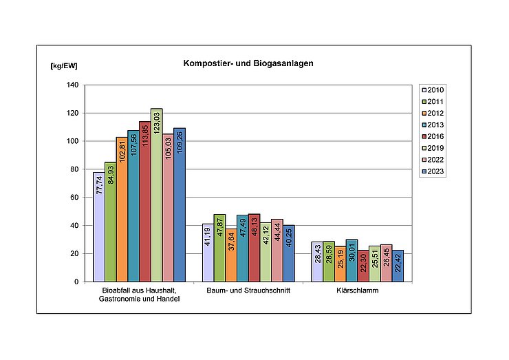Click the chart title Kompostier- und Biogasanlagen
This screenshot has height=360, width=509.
[248, 63]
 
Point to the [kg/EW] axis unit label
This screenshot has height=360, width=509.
[64, 67]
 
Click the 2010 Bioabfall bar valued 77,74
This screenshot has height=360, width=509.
[99, 227]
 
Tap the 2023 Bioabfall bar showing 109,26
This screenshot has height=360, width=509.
[180, 205]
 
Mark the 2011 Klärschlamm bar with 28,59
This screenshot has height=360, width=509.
[328, 262]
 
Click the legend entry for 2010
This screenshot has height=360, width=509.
[433, 89]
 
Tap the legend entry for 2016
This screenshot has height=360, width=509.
[433, 136]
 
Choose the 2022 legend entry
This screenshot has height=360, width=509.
[433, 160]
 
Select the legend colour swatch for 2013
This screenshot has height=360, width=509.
[424, 125]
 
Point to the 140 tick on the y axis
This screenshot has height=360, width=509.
[72, 85]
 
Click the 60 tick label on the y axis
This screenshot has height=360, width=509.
[74, 198]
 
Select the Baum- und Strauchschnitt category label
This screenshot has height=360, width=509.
[249, 291]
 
